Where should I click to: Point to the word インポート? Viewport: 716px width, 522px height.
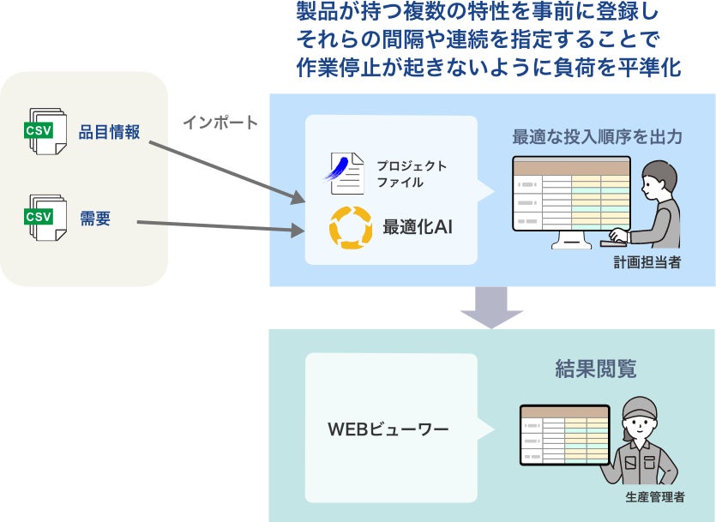[220, 123]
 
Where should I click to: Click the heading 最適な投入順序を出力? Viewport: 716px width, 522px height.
[597, 136]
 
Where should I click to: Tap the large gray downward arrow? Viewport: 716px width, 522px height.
[491, 308]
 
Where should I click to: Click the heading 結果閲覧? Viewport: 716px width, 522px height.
[594, 369]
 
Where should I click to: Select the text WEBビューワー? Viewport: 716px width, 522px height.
[388, 429]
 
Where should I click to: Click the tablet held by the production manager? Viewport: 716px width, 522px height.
[564, 435]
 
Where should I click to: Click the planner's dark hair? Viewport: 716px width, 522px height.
[659, 171]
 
